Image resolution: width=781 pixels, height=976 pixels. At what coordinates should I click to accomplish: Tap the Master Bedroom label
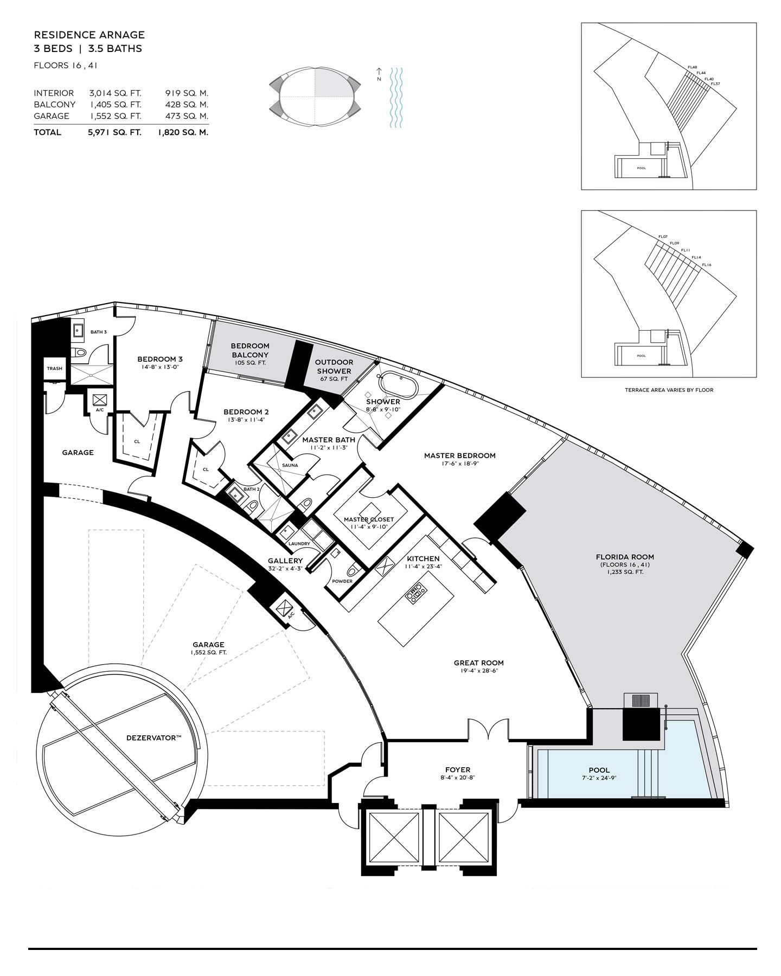[459, 455]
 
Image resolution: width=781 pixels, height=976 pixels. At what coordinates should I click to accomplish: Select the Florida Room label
[625, 557]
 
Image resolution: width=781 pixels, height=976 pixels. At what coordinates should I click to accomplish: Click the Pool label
[599, 770]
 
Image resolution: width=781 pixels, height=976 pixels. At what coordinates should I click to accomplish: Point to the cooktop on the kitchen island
[416, 593]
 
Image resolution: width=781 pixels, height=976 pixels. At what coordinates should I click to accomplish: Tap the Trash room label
[54, 369]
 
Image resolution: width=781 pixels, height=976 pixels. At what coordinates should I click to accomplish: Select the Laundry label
[299, 544]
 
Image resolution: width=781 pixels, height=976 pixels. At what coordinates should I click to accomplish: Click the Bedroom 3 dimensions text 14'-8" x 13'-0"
[159, 367]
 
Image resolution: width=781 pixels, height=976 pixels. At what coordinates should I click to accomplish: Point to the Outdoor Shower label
[334, 367]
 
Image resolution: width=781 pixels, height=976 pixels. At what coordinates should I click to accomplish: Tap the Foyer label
[458, 769]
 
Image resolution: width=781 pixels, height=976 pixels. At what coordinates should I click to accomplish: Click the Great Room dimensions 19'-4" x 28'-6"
[479, 671]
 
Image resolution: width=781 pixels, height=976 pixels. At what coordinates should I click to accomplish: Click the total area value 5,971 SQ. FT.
[114, 132]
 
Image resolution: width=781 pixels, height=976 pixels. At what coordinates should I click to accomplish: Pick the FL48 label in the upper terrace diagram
[692, 67]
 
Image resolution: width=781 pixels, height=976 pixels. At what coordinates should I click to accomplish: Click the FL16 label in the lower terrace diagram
[707, 265]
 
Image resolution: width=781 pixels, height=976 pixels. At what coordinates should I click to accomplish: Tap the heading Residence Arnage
[89, 35]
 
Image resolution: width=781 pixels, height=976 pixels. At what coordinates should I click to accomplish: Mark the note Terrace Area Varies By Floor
[669, 390]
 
